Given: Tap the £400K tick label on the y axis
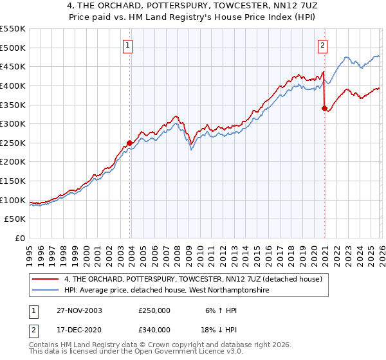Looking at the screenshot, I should (13, 85).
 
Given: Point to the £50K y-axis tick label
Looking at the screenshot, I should (15, 219).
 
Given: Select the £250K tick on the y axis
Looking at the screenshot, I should (13, 143).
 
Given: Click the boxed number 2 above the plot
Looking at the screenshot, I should (322, 46).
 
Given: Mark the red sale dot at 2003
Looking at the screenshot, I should (130, 143).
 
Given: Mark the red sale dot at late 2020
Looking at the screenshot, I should (324, 109).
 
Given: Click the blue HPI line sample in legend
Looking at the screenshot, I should (46, 291).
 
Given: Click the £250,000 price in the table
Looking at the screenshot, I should (155, 310).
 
